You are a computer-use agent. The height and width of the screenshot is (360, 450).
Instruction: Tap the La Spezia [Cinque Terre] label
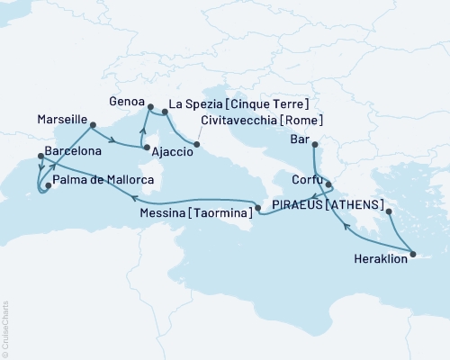point(232,103)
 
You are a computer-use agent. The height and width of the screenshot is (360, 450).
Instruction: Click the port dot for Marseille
point(94,125)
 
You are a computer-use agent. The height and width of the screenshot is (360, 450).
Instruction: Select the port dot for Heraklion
point(411,255)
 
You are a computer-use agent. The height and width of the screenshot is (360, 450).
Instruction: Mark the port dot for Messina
point(258,209)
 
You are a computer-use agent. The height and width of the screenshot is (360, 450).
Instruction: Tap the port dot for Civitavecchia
point(197,143)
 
